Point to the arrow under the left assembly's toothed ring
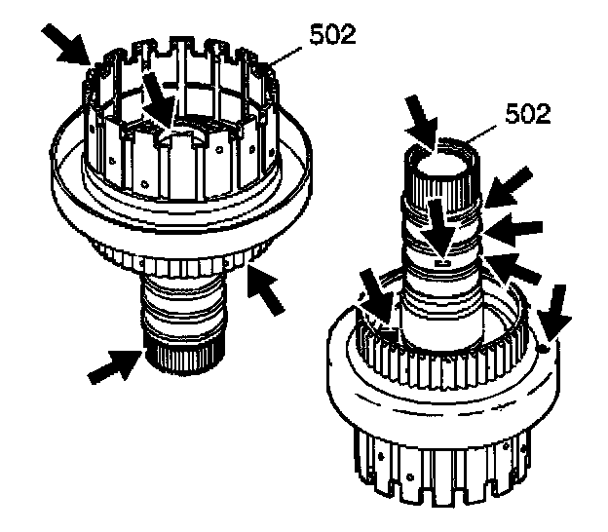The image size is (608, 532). coord(270,288)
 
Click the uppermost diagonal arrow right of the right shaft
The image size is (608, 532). coord(513,186)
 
